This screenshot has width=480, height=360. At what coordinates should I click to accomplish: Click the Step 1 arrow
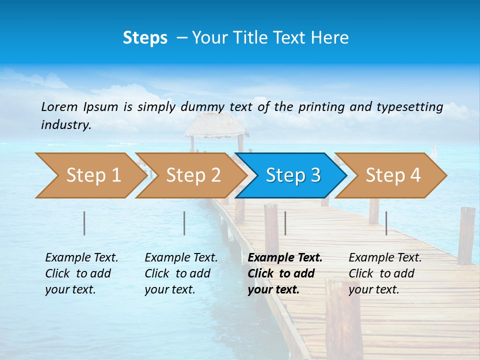(90, 175)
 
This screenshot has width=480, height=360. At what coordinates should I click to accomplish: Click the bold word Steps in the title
(145, 38)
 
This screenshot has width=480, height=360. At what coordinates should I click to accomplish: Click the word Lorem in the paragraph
(59, 106)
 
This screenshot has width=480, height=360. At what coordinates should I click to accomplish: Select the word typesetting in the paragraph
(409, 107)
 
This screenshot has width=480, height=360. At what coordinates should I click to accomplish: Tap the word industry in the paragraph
(65, 125)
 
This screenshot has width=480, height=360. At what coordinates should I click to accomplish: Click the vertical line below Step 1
(84, 223)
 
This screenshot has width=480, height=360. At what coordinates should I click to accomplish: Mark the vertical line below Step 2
(184, 223)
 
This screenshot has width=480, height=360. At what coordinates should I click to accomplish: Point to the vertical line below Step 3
(285, 223)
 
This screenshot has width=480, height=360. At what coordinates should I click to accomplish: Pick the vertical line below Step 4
(386, 223)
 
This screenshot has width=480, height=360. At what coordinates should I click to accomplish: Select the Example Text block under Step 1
(81, 273)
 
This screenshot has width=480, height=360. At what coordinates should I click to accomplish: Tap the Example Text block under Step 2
(181, 273)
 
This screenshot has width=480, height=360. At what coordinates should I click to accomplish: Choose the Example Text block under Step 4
(385, 273)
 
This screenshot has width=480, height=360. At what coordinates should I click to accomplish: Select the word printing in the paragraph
(319, 107)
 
